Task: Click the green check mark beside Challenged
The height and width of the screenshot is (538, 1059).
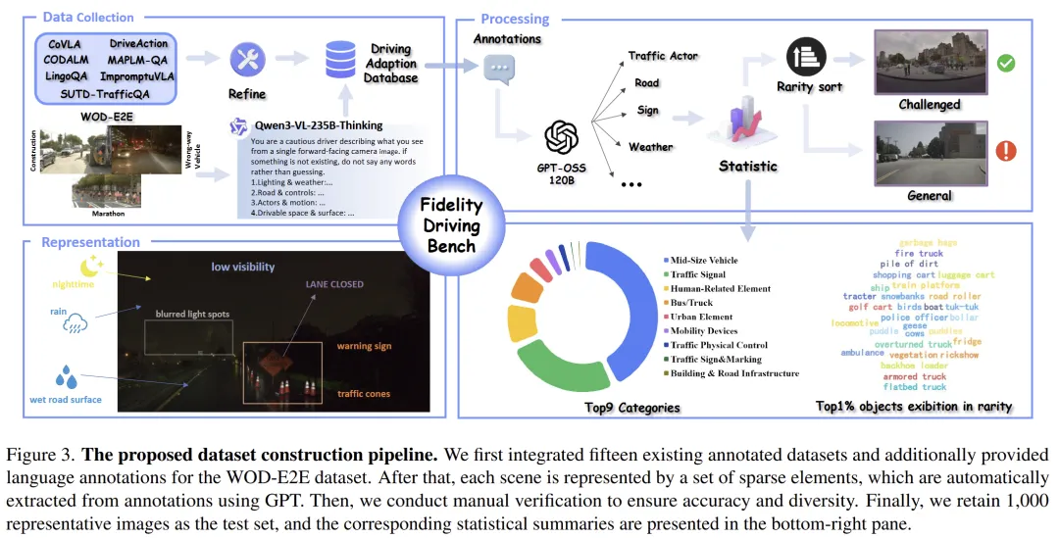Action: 1004,64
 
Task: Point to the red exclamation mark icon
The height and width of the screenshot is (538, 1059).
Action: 1004,152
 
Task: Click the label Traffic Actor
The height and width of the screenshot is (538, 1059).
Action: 663,56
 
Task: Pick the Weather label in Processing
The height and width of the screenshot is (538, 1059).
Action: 650,147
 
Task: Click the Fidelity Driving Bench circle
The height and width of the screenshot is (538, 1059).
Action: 451,223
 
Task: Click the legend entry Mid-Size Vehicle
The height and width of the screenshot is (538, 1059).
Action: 704,261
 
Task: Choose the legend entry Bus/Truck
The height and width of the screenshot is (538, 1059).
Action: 693,303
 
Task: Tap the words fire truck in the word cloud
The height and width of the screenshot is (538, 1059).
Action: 918,253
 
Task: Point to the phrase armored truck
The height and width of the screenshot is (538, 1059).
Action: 914,375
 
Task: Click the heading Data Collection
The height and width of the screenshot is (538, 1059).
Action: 89,18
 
